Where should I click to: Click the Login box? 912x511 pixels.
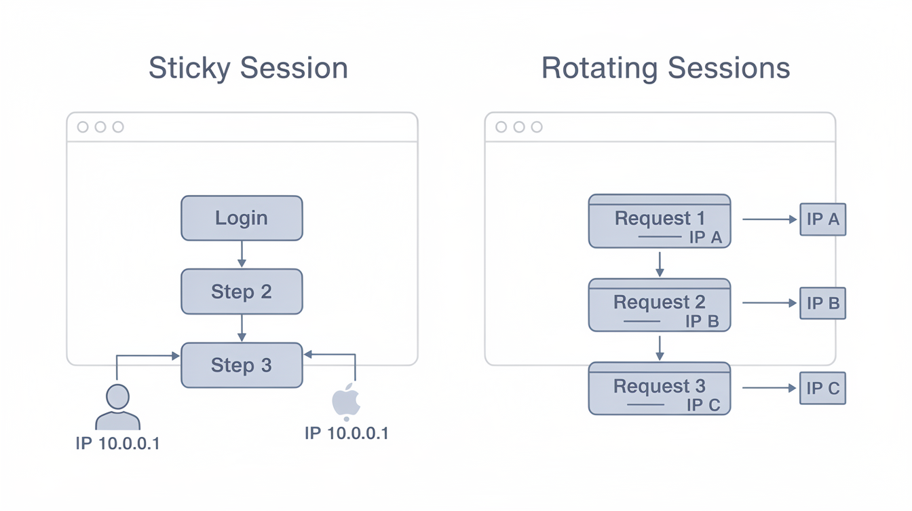242,218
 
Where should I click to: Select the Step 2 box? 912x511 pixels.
242,292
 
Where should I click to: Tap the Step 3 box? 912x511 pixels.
242,365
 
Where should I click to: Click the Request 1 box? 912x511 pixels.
659,221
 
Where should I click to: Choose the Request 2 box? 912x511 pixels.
659,305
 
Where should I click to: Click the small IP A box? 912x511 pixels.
822,219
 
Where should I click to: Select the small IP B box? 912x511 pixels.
822,303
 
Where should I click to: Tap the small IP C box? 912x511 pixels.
822,389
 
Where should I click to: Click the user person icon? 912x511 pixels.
117,407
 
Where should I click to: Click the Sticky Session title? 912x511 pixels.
248,69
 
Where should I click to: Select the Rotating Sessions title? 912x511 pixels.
665,69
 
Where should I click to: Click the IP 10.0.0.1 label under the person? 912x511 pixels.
117,444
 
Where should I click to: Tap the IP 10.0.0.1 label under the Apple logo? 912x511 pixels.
346,434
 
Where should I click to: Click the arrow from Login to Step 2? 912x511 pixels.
242,254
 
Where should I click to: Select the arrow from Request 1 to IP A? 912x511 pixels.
769,219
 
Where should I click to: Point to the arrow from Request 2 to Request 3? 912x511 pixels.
659,347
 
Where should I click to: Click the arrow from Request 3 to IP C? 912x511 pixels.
769,388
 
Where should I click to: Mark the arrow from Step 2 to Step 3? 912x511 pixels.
242,328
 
